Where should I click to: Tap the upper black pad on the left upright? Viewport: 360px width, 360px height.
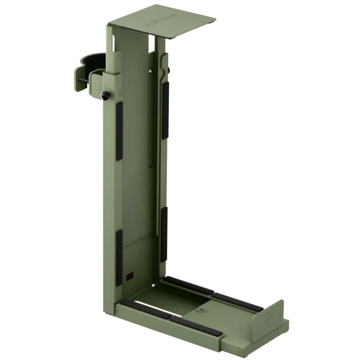pyautogui.click(x=119, y=131)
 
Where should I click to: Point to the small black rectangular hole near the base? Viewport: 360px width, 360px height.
pyautogui.click(x=130, y=274)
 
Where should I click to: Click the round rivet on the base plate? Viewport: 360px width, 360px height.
pyautogui.click(x=201, y=310)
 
